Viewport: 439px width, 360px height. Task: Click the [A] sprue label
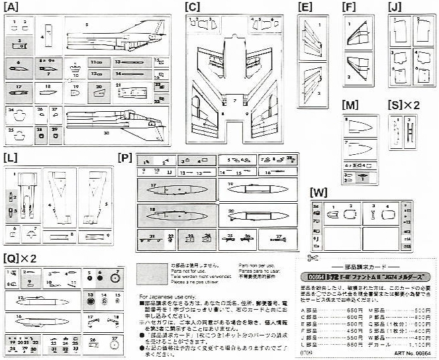point(13,7)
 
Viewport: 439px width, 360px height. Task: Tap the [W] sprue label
point(318,193)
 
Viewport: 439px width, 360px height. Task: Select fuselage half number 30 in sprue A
point(113,126)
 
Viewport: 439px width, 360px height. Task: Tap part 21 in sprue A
point(126,89)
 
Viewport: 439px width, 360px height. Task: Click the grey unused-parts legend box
point(150,273)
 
